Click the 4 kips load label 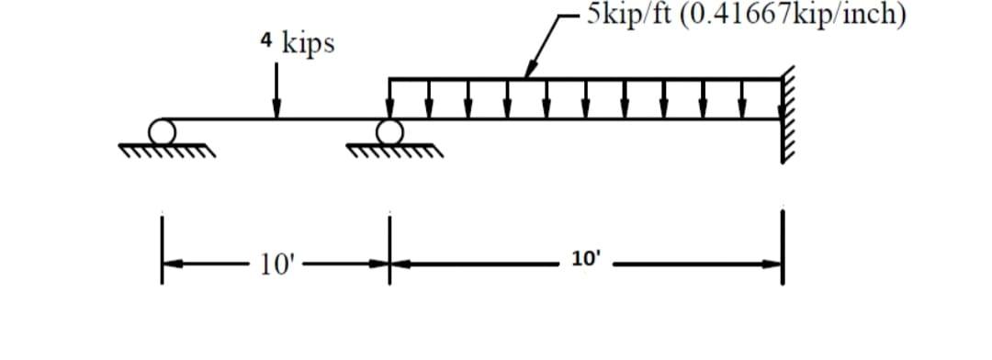click(x=297, y=43)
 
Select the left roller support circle click(x=164, y=130)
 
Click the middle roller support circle click(x=389, y=131)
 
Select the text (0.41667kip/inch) click(x=795, y=14)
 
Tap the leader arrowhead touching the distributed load click(x=527, y=72)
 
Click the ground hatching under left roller click(x=166, y=149)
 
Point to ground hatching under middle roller click(x=393, y=150)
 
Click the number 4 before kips click(x=266, y=41)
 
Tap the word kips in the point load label click(x=308, y=43)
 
